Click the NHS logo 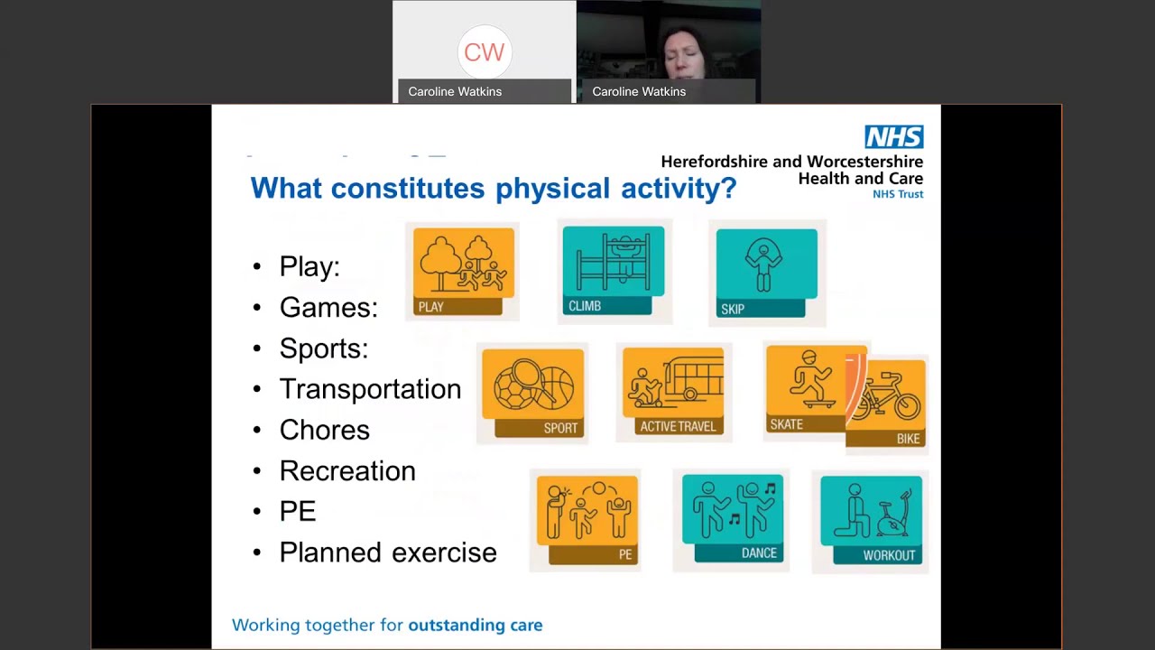(893, 137)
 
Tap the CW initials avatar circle (484, 52)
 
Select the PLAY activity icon (463, 271)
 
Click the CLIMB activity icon (613, 270)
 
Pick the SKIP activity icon (765, 273)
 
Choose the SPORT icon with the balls (532, 393)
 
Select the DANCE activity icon (732, 518)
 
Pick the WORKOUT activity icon (871, 520)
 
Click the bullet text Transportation (370, 389)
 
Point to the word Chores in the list (324, 430)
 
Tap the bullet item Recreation (347, 470)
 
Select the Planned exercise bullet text (388, 552)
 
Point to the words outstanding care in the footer (475, 625)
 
